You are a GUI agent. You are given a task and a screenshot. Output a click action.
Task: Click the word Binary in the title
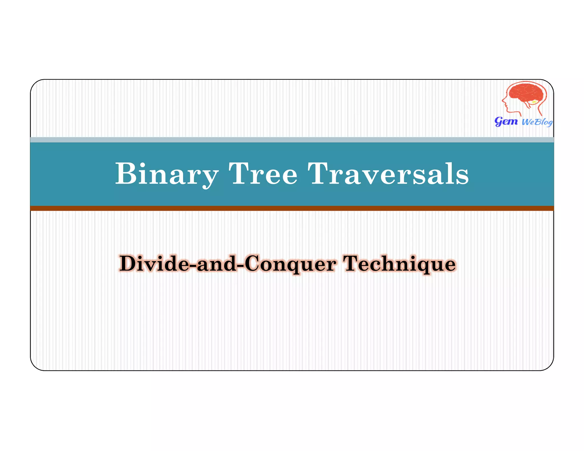click(167, 174)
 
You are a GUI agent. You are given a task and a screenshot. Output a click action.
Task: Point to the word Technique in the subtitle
click(399, 264)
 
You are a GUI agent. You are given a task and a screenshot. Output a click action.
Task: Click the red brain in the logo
click(526, 93)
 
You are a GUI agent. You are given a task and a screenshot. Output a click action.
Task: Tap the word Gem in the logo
click(506, 121)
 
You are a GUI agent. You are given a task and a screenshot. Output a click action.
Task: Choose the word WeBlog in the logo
click(537, 122)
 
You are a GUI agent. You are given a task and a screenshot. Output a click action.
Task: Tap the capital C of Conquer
click(253, 263)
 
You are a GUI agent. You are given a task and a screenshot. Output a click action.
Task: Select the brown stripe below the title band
click(292, 208)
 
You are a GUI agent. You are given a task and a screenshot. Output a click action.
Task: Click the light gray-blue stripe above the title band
click(292, 140)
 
